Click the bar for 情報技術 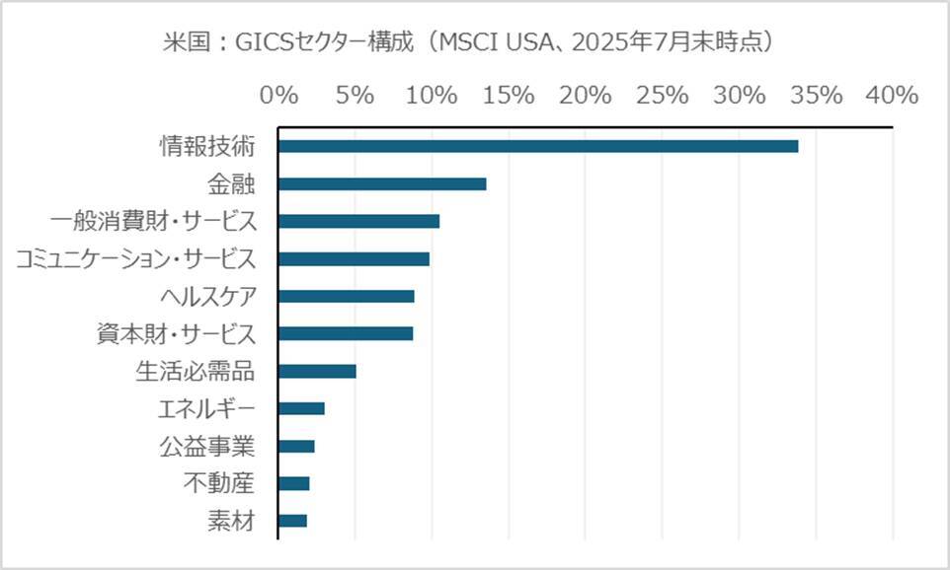pos(538,147)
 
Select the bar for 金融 pos(382,184)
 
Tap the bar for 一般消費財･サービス pos(359,222)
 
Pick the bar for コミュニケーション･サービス pos(355,259)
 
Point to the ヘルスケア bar pos(347,297)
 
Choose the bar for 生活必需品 pos(317,372)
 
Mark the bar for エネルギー pos(302,409)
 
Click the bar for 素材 pos(293,521)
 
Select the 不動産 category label pos(219,483)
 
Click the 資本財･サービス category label pos(173,333)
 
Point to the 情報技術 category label pos(207,147)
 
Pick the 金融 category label pos(231,184)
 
